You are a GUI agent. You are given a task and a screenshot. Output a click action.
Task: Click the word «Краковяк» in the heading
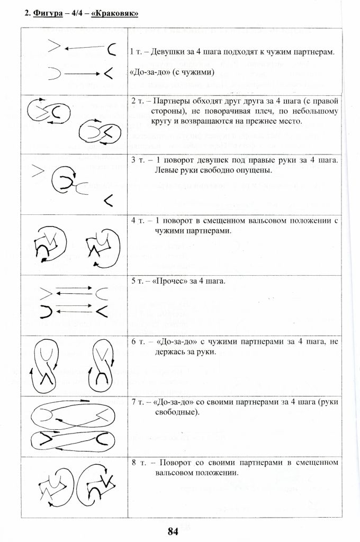115,13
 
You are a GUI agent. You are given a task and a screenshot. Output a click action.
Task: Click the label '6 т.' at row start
137,341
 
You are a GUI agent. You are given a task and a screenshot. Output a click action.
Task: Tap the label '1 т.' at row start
136,52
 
